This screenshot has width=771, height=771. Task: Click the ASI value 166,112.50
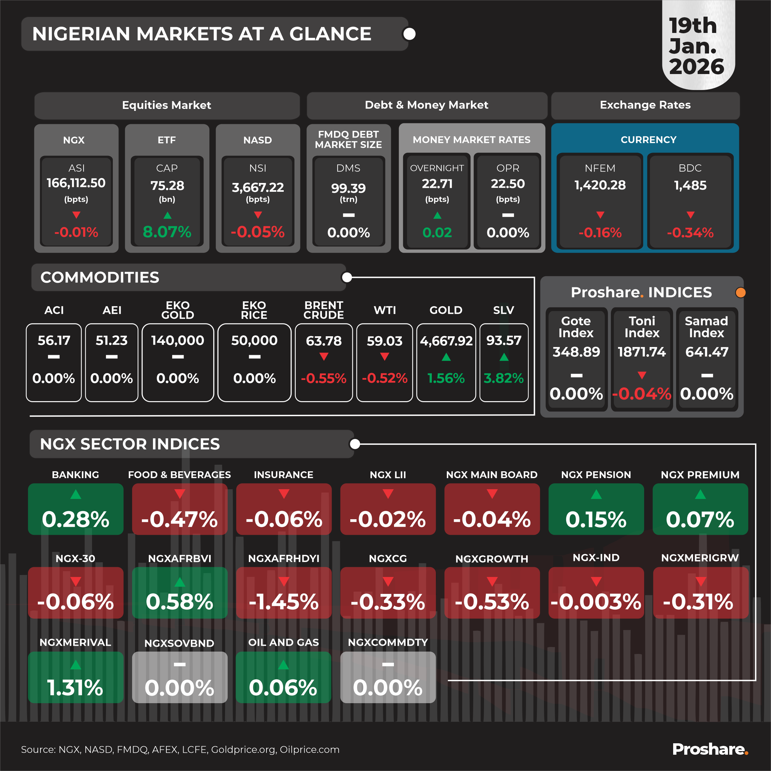76,183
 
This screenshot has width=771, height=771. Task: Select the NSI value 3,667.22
258,187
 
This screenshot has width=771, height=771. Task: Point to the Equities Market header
166,105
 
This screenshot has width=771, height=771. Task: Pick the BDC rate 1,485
690,185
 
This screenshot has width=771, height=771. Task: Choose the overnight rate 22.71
437,184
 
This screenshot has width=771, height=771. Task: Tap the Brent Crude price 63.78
324,341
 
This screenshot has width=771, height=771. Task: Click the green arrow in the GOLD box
446,357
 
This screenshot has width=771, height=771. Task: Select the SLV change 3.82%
504,378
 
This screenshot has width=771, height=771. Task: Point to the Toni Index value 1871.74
642,352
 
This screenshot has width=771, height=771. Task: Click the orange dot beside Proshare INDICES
740,293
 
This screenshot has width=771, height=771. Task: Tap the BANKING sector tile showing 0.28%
75,509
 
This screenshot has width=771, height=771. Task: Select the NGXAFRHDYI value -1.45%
284,602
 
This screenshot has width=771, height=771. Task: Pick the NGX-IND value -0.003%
596,602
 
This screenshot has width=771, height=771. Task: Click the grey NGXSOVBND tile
180,677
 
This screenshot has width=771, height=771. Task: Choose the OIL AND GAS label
283,642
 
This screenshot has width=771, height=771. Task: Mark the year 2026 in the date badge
696,67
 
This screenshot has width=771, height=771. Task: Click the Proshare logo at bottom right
710,749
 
